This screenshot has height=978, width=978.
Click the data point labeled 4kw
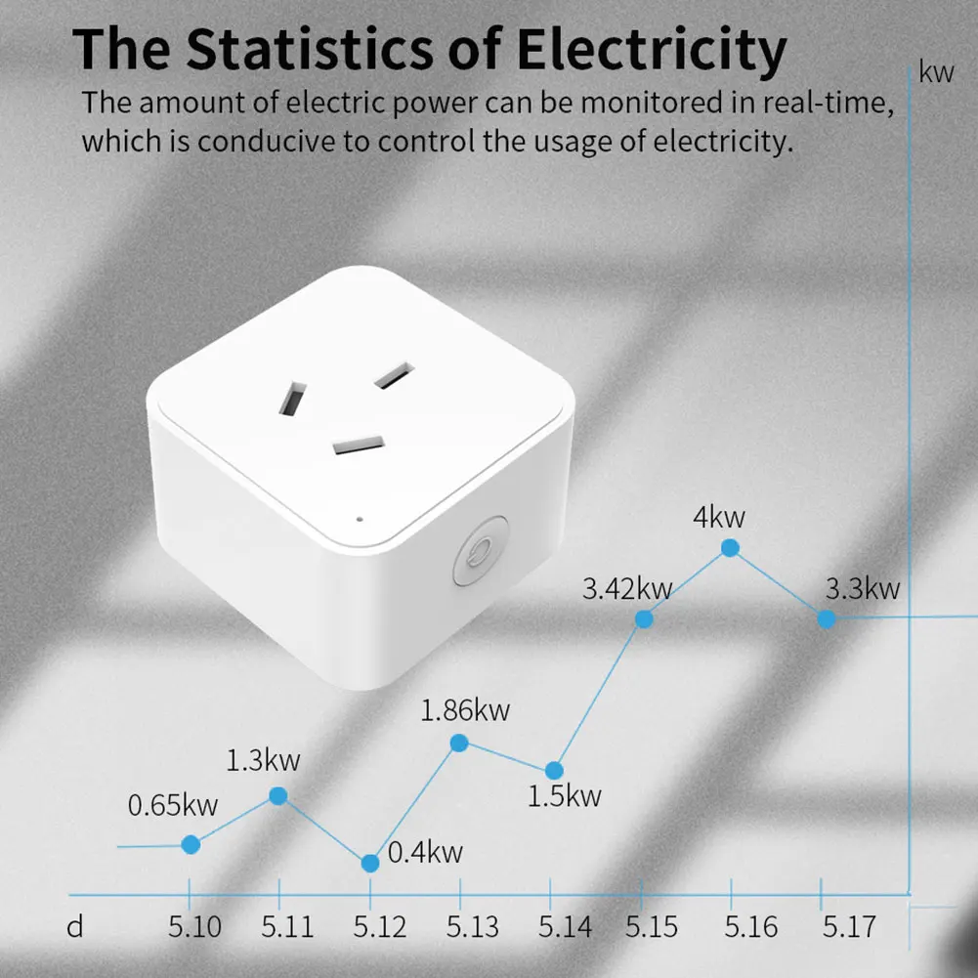click(x=730, y=548)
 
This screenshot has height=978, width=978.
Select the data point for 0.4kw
click(x=370, y=863)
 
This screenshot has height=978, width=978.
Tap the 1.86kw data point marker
click(x=460, y=743)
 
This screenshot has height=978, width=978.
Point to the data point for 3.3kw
click(x=827, y=618)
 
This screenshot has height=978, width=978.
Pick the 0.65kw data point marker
click(x=191, y=844)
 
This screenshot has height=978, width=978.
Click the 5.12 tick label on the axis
click(x=379, y=926)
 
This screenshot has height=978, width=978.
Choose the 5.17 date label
click(x=848, y=926)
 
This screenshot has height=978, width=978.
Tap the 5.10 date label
click(x=194, y=926)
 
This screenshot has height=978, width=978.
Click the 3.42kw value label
click(x=627, y=589)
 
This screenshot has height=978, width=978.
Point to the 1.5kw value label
click(x=565, y=796)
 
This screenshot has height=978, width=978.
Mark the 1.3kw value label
click(x=264, y=759)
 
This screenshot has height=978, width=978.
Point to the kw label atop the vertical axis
click(x=936, y=73)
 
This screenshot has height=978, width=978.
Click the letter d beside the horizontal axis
click(x=75, y=926)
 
